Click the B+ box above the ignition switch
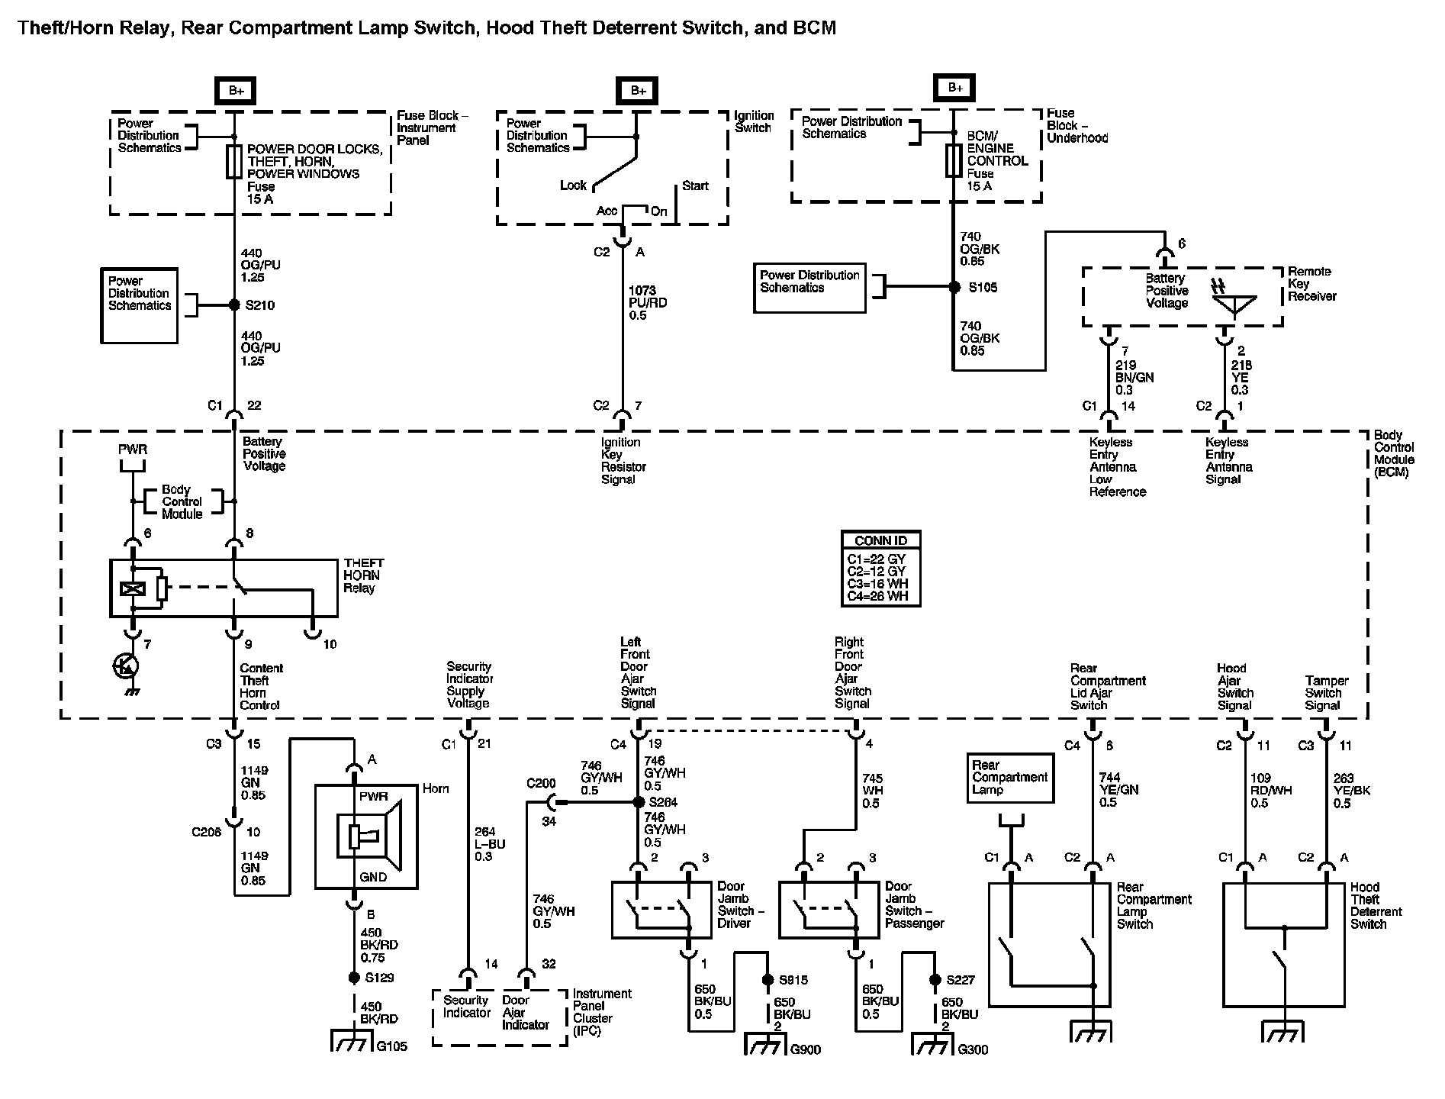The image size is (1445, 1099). pos(638,91)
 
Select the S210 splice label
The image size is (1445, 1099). pos(260,305)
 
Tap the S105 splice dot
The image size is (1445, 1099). pos(954,288)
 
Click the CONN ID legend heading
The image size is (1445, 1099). pos(880,540)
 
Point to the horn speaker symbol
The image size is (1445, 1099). pos(371,836)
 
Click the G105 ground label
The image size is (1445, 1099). pos(392,1046)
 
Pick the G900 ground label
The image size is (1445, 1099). pos(806,1049)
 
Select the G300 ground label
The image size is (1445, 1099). pos(974,1049)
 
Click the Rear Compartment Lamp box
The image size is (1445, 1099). pos(1010,778)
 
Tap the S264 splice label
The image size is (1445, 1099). pos(663,803)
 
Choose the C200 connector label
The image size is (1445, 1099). pos(541,784)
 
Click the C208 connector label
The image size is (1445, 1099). pos(207,831)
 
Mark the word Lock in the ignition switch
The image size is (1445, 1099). pos(573,185)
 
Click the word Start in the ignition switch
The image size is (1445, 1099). pos(695,185)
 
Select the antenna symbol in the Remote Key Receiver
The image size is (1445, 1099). pos(1234,298)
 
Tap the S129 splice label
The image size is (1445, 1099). pos(379,978)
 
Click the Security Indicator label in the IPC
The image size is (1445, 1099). pos(466,1007)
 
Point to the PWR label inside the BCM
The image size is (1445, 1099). pos(133,450)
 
